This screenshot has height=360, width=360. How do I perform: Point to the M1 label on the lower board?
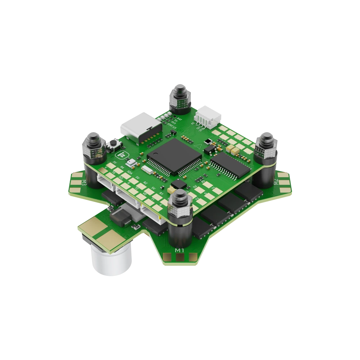coord(179,249)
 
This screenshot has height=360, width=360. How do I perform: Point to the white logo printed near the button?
coord(120,154)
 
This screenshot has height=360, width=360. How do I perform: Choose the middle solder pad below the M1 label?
coord(180,257)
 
